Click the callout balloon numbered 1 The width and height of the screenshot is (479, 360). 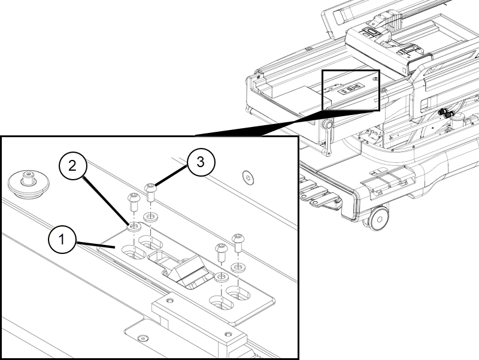62,239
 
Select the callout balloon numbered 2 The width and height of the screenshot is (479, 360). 72,166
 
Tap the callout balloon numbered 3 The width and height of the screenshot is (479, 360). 201,162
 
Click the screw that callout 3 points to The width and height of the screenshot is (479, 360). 150,192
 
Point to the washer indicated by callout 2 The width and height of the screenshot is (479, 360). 134,226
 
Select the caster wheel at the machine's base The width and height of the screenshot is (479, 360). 378,219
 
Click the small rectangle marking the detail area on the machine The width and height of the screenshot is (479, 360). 351,90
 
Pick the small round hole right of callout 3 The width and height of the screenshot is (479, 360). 248,178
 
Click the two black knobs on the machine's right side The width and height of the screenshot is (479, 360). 446,114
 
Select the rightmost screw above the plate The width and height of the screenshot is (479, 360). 238,243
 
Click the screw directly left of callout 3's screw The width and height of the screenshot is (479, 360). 133,202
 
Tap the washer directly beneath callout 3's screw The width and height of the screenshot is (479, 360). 150,217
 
